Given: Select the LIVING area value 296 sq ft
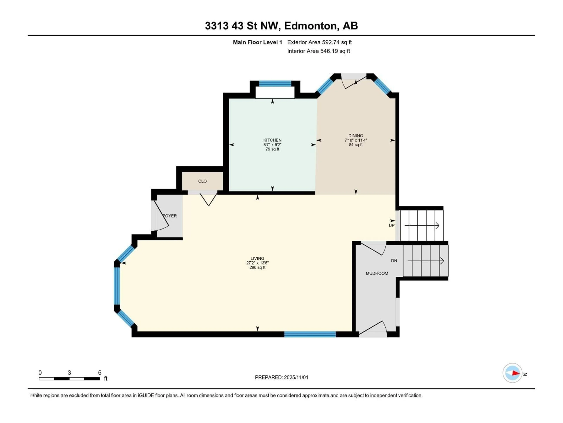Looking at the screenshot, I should pos(257,267).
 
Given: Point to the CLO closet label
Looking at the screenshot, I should pos(202,181).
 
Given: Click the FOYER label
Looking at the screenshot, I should pos(170,216).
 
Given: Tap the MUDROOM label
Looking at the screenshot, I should pos(377,273).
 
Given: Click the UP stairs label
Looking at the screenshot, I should pos(391,225).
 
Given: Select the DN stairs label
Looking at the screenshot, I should pos(394,261).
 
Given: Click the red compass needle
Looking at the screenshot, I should pos(516,373).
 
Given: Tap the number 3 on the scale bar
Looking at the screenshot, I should pos(69,372).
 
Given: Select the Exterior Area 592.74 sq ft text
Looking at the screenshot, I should pos(319,42).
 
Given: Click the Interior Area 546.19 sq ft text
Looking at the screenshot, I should pos(318,51).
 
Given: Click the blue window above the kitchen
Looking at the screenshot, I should pos(275,84).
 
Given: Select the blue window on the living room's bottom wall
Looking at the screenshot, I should pos(310,334).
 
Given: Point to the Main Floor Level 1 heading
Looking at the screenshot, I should pos(257,42).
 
